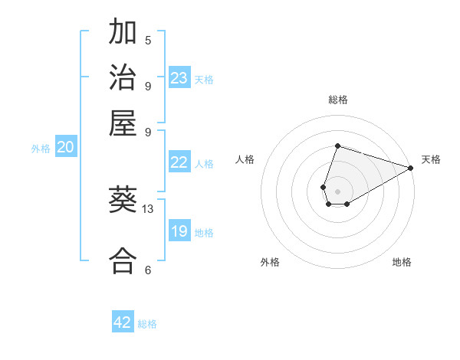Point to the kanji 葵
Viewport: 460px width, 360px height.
[x=123, y=200]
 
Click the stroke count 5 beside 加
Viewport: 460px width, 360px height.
[x=148, y=40]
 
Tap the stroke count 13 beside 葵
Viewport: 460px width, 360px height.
[x=148, y=208]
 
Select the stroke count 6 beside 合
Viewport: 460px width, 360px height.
[x=148, y=270]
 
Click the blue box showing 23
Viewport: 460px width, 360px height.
[x=179, y=78]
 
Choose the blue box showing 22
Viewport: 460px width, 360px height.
[x=179, y=162]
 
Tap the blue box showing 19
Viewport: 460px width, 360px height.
[x=179, y=231]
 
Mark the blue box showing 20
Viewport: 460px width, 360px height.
[x=65, y=148]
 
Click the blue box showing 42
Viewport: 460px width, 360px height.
[x=123, y=322]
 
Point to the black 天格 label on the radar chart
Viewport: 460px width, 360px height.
[x=431, y=159]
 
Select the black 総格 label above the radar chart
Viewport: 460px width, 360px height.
[x=337, y=100]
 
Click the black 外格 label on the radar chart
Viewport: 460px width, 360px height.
[x=270, y=262]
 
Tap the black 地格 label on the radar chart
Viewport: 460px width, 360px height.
[x=402, y=262]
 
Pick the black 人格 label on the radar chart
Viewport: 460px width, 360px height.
[x=245, y=159]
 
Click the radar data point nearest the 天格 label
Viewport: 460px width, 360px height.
[x=410, y=169]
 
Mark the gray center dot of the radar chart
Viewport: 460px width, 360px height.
[x=337, y=191]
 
